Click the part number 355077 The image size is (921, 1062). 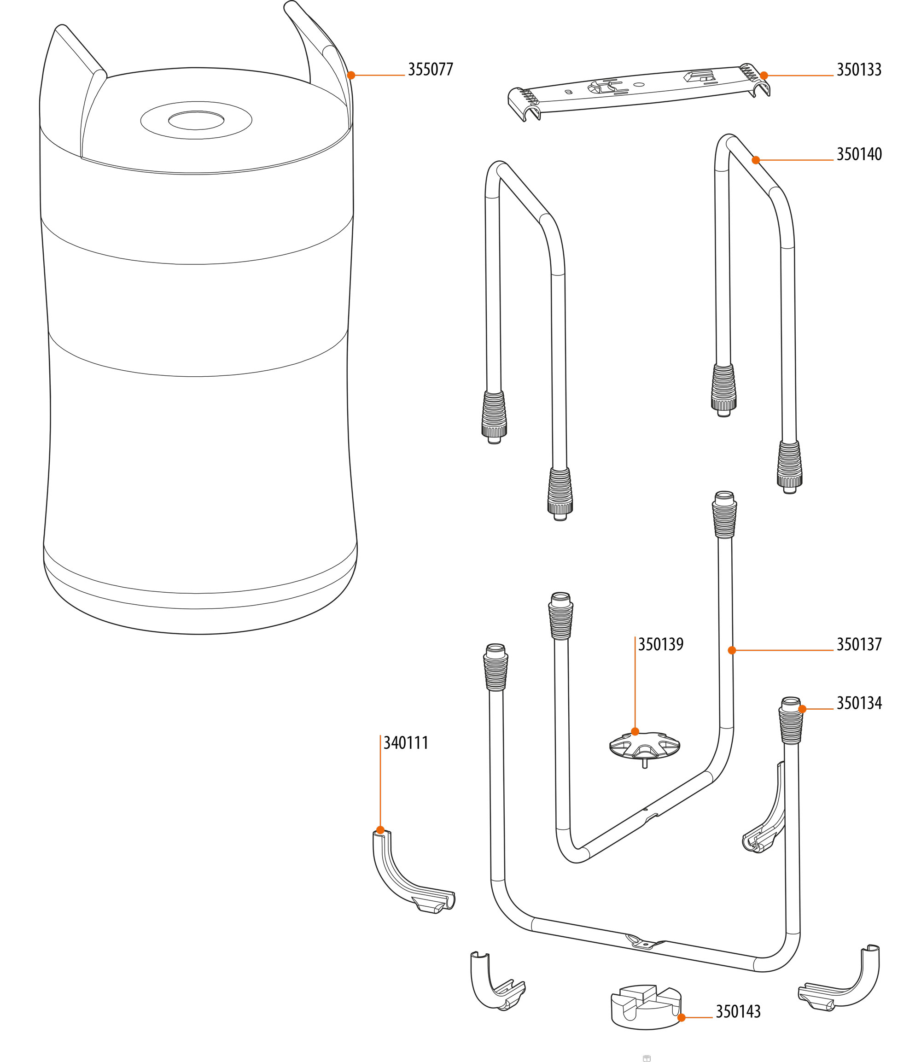(430, 70)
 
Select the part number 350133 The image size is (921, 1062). (859, 70)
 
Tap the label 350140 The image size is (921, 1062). (859, 154)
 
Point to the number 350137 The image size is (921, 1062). (859, 644)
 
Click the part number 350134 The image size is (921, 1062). (859, 703)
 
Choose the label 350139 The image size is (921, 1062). (660, 644)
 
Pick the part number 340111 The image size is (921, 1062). (406, 743)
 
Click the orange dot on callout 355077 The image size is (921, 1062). (351, 75)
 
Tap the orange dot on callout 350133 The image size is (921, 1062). (764, 76)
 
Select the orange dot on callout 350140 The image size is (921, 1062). (756, 160)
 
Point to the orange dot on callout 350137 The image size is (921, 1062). (732, 650)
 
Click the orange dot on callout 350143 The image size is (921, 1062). (682, 1017)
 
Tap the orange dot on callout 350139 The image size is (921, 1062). (635, 731)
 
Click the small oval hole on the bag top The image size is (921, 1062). (196, 120)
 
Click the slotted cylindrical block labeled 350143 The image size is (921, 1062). (646, 1005)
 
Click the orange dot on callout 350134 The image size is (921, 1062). (802, 709)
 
